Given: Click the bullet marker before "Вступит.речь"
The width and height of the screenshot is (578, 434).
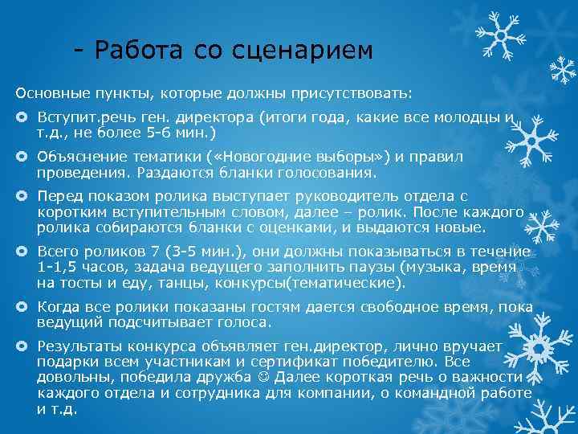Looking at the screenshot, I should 22,117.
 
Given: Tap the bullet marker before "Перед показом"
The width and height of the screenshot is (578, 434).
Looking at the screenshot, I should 22,197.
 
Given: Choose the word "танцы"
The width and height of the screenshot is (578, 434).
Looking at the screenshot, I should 163,283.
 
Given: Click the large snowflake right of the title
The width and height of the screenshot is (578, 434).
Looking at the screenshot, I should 499,35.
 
